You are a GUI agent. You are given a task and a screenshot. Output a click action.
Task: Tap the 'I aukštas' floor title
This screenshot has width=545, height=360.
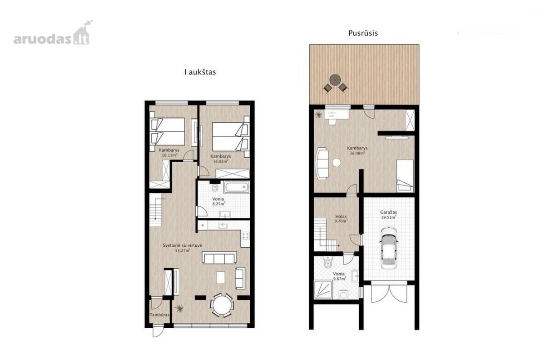tap(200, 72)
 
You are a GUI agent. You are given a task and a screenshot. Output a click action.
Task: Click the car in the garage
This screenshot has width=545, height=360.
tap(389, 248)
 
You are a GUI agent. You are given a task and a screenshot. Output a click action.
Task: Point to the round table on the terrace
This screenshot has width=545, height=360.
tap(335, 80)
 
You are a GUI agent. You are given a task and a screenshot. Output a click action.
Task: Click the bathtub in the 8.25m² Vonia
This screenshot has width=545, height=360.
tap(237, 187)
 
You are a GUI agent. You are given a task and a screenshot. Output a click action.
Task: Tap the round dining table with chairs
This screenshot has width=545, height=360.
tap(222, 305)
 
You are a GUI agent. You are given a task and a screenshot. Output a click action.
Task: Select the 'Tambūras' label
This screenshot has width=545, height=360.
tap(159, 315)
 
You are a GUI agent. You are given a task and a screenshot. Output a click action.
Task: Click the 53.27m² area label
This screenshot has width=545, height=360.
tap(183, 250)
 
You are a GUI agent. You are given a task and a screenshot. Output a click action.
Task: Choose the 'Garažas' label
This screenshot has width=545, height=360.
tap(389, 212)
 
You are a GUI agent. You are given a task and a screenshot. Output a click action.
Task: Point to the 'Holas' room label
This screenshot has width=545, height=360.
tap(341, 216)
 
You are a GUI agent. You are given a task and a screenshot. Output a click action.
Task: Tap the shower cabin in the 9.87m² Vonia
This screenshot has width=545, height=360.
tap(323, 290)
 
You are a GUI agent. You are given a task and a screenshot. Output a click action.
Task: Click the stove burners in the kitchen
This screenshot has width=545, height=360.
tap(246, 236)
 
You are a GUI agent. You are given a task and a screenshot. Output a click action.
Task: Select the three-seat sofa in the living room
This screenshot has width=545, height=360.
tap(219, 258)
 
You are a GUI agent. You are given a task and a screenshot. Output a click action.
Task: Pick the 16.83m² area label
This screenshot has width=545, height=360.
tap(221, 161)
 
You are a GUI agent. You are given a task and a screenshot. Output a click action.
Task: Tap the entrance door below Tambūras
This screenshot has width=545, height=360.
tap(157, 331)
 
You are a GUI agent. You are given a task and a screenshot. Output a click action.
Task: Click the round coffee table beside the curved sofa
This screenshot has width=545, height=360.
tap(337, 163)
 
